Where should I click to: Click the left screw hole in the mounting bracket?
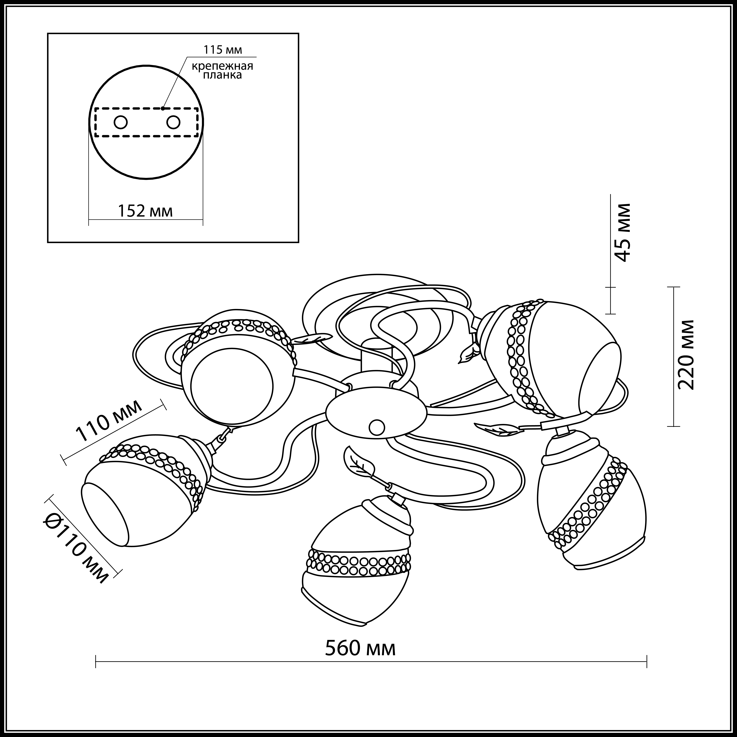(121, 122)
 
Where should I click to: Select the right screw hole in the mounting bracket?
(173, 122)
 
